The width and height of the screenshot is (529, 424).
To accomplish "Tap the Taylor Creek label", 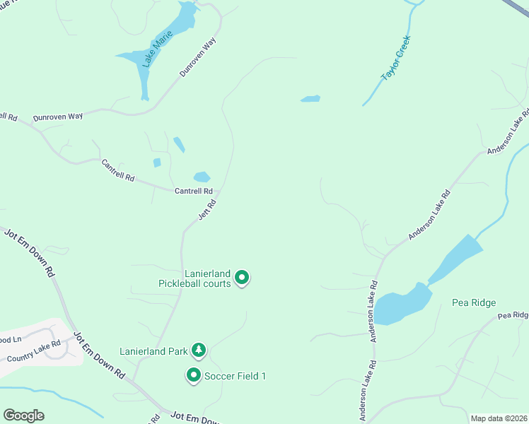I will point(396,59).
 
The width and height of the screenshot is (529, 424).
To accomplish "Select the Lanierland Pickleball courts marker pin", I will point(243,278).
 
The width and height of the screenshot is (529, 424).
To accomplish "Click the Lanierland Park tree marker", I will point(199,349).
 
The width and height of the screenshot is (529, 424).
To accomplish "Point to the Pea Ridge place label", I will point(474,302).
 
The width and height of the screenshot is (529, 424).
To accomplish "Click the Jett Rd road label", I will point(207,209).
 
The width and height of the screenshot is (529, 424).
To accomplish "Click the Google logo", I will point(23,416).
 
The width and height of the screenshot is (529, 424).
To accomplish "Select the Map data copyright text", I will point(499,418).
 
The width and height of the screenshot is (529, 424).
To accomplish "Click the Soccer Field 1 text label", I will point(235,376).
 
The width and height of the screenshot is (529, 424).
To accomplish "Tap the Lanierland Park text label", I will point(153,351).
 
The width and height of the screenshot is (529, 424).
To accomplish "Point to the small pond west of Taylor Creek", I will point(310,98).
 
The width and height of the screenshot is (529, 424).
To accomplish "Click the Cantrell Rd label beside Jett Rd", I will point(194,191).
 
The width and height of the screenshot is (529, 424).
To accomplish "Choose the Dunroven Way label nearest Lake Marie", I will point(197,58).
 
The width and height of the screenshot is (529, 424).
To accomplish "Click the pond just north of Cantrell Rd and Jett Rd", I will point(202,177).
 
